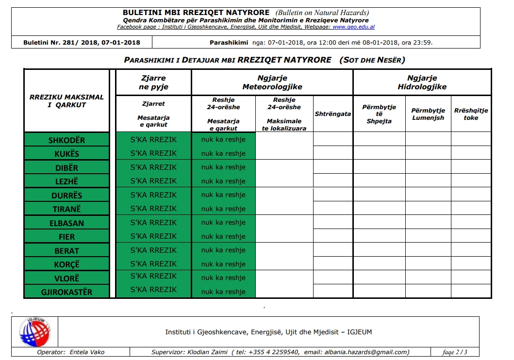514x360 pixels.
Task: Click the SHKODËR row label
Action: [x=66, y=140]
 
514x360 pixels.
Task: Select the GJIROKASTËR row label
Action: [x=66, y=292]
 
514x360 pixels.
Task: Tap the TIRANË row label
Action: [x=66, y=209]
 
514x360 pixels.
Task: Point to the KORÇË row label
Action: [x=66, y=264]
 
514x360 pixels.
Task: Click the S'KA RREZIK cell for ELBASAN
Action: [x=153, y=223]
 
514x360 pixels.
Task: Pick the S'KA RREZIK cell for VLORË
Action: [x=153, y=276]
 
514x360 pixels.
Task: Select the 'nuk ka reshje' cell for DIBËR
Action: [x=223, y=167]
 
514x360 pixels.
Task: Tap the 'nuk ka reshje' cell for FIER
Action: [x=223, y=236]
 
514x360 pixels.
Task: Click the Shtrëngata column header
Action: [x=333, y=114]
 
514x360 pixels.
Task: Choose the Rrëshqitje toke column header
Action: [x=471, y=114]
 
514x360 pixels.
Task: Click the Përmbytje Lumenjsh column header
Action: [x=428, y=114]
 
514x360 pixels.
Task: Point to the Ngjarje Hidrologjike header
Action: [x=422, y=82]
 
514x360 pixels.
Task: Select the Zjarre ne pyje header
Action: [x=153, y=82]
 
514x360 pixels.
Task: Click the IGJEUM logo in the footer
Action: [x=34, y=332]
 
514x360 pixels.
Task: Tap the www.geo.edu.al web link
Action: [x=353, y=27]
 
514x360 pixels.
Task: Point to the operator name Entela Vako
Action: [x=87, y=352]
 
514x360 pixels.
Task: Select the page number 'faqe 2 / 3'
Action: [x=455, y=352]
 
